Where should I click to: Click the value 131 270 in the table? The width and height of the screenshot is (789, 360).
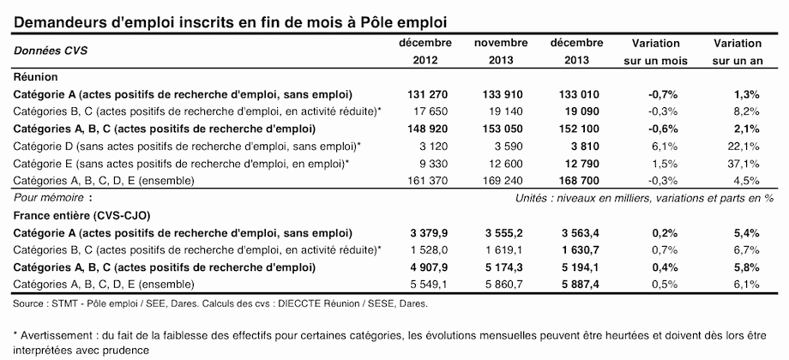(x=427, y=94)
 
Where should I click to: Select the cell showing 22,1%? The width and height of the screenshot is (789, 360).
(x=746, y=147)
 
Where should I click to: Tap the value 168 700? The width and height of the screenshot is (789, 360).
(x=579, y=181)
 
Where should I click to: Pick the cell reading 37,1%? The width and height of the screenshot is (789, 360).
(x=746, y=164)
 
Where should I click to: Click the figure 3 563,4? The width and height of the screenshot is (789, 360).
(x=579, y=233)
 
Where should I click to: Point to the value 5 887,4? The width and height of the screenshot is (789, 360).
(x=579, y=285)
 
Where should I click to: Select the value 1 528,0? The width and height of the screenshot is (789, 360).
(x=427, y=250)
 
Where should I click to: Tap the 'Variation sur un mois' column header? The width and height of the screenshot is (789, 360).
(x=656, y=52)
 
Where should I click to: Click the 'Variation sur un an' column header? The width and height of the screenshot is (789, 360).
(x=738, y=52)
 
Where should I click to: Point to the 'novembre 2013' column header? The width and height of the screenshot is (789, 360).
(x=501, y=52)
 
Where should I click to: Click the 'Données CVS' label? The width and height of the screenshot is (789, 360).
(x=51, y=51)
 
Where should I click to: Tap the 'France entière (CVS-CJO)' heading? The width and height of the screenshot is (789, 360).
(x=82, y=216)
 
